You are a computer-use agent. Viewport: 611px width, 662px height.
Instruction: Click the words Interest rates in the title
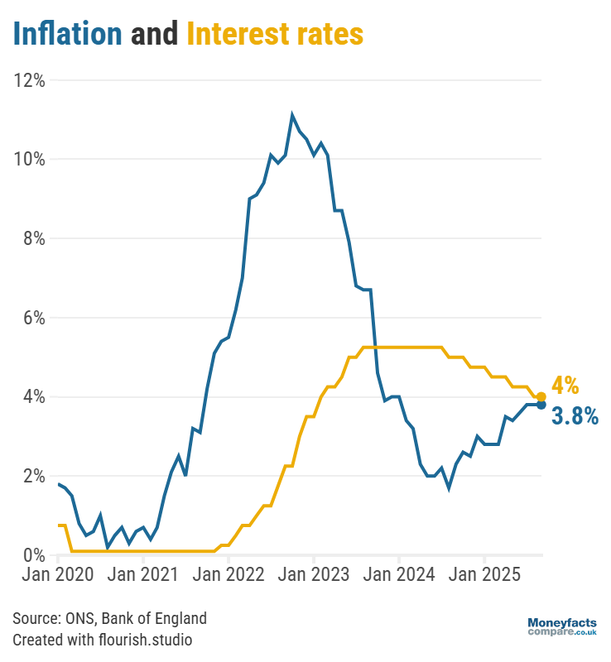(x=275, y=34)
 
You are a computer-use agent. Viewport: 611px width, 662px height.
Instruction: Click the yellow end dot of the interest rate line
(x=541, y=397)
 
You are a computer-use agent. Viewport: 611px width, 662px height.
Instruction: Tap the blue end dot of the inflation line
(x=541, y=405)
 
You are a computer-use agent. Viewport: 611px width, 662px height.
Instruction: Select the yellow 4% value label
(x=565, y=386)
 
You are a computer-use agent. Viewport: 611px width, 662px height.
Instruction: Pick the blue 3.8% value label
(x=575, y=416)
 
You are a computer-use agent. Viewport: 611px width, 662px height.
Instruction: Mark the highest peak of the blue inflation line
(x=292, y=115)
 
